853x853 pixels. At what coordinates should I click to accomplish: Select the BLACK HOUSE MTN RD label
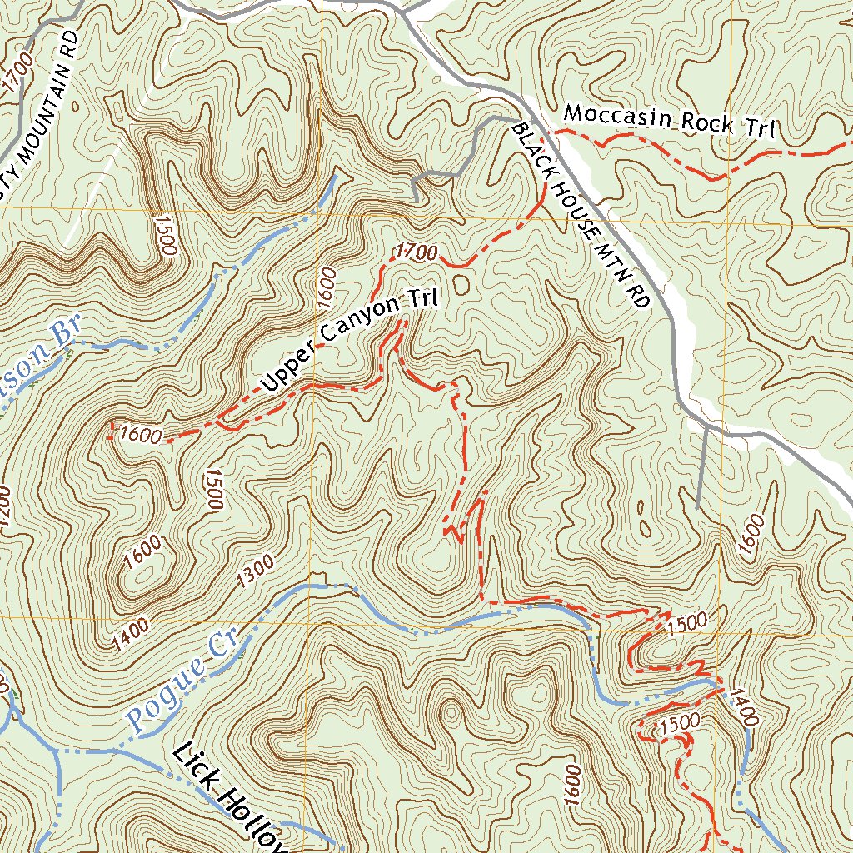pos(580,217)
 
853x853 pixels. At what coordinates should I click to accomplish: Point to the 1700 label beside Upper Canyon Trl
pos(417,251)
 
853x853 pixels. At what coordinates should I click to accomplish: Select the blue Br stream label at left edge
pos(63,335)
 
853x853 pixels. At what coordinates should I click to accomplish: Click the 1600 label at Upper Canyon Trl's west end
pos(139,434)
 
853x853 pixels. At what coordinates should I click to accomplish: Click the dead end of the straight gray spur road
pos(696,507)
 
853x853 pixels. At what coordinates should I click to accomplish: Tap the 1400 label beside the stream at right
pos(744,706)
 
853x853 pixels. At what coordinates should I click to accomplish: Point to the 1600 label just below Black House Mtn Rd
pos(751,533)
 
